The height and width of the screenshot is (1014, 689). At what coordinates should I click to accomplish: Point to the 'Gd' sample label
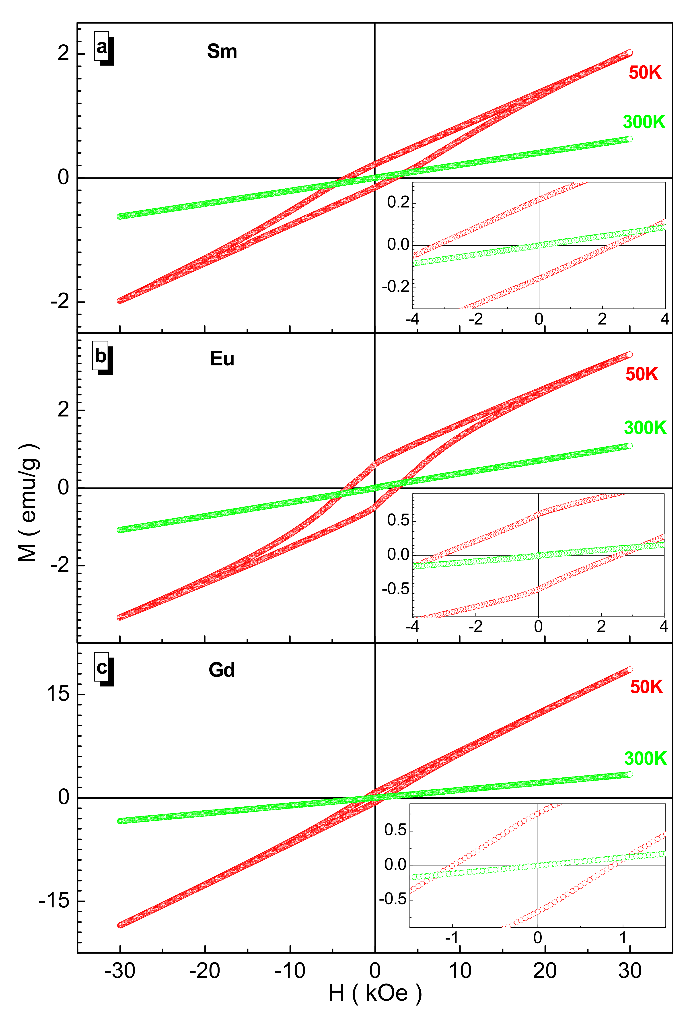click(x=222, y=670)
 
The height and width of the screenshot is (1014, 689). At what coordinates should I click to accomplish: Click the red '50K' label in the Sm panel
click(x=644, y=72)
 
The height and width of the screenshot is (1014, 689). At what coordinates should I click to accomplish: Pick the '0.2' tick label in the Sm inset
click(x=398, y=202)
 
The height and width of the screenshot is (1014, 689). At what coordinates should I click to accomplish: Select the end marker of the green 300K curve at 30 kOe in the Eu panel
click(x=629, y=446)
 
